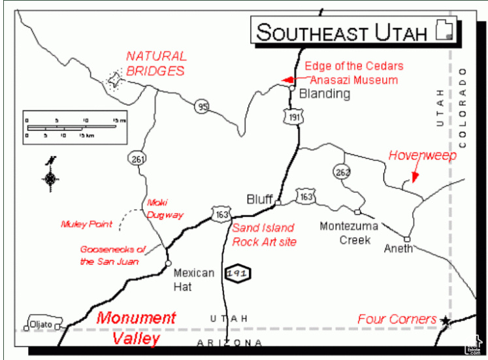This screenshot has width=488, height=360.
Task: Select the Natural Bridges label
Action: (x=156, y=63)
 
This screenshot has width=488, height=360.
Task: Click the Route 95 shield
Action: (x=202, y=105)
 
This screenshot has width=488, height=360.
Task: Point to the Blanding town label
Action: (x=324, y=94)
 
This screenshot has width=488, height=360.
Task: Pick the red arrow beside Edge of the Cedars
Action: (x=288, y=80)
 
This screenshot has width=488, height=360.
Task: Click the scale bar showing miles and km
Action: (x=71, y=124)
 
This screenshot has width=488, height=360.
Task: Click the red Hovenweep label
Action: (x=423, y=155)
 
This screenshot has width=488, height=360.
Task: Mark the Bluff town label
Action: (x=259, y=199)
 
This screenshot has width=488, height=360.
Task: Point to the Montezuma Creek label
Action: (x=346, y=233)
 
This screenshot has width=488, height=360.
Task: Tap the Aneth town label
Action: (x=398, y=249)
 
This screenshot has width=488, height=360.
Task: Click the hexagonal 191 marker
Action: (x=236, y=274)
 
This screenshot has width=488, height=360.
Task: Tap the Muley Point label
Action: (x=86, y=224)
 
